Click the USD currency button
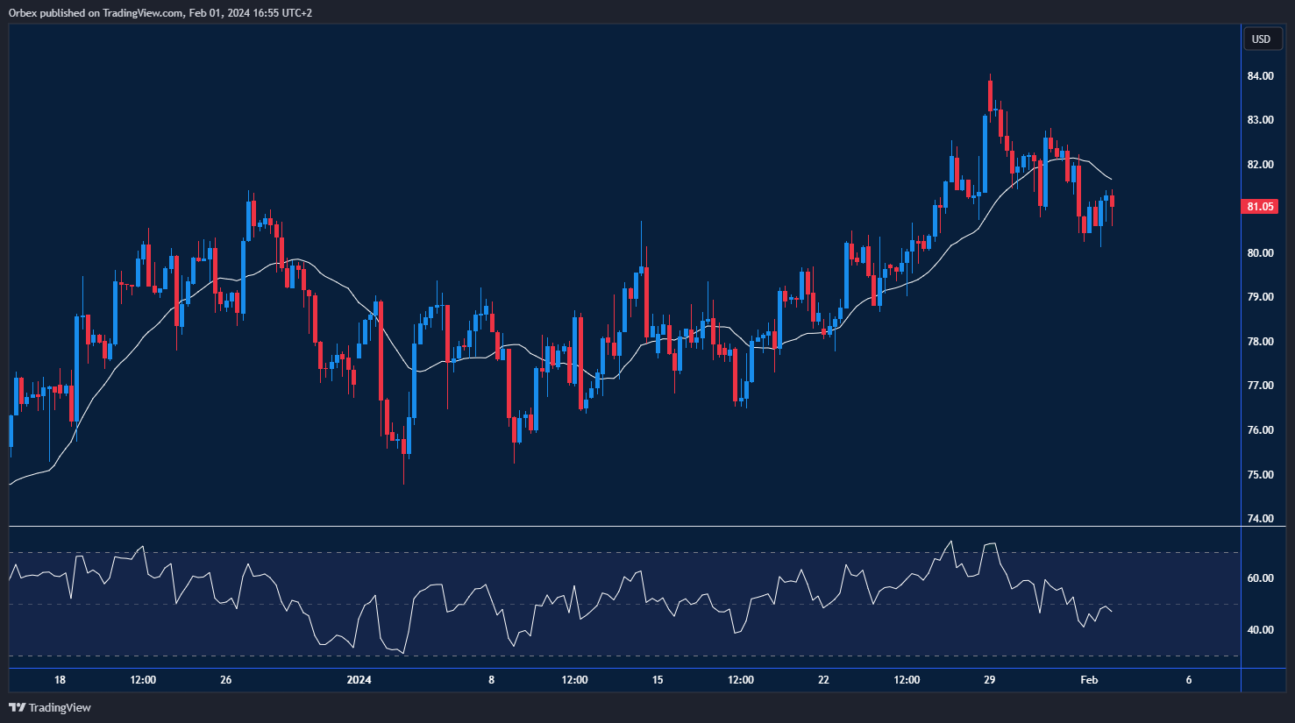pos(1261,39)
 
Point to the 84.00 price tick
pos(1261,76)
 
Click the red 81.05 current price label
pos(1260,207)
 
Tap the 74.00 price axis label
pos(1261,519)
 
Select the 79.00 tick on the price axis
pos(1261,297)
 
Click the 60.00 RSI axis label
pos(1261,578)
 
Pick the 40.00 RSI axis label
pos(1261,630)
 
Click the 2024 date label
pos(359,680)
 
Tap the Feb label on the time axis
pos(1089,680)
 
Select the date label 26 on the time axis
pos(226,680)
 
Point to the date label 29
pos(989,680)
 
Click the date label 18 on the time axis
pos(60,680)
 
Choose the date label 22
pos(823,680)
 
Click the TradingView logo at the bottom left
pos(50,707)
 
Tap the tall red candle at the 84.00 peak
pos(990,96)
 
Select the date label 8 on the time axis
pos(491,680)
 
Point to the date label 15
pos(658,680)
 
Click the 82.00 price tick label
pos(1261,165)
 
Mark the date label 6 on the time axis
pos(1189,680)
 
